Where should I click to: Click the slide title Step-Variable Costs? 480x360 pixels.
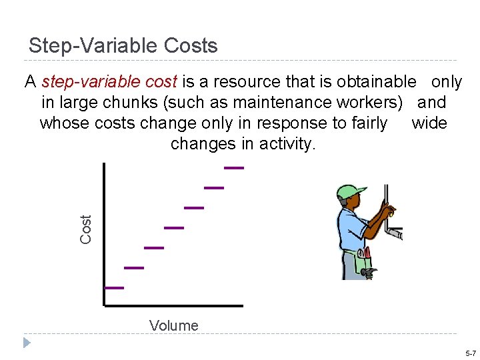click(x=123, y=46)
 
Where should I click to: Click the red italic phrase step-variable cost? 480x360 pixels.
click(x=109, y=82)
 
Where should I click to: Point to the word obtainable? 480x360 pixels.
click(x=376, y=82)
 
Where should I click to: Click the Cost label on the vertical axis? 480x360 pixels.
click(x=86, y=229)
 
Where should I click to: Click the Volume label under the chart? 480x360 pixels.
click(x=174, y=325)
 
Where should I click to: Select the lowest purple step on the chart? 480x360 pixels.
click(x=114, y=288)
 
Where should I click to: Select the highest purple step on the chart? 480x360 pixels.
click(x=233, y=168)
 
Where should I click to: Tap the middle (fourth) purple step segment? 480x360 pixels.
click(x=174, y=228)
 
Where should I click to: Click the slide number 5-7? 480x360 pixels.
click(x=470, y=353)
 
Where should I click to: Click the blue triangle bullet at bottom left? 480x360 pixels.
click(x=27, y=343)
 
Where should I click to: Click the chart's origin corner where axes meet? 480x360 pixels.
click(x=105, y=305)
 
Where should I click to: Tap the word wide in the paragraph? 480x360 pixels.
click(x=429, y=123)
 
